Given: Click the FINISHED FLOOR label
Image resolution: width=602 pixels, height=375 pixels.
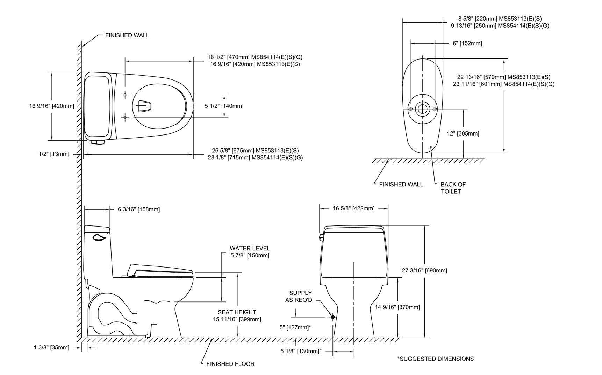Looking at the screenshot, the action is point(230,364).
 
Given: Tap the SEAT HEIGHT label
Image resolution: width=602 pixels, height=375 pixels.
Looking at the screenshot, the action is point(237,312).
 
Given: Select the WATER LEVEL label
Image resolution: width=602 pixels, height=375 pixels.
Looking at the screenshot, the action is point(250,249).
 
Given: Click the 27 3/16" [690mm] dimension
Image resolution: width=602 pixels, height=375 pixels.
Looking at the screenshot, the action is point(424,270).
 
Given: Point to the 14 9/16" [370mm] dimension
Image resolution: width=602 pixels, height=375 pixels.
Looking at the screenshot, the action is point(397,307).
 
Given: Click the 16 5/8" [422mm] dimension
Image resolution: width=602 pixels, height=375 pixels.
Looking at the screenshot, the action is point(353,208).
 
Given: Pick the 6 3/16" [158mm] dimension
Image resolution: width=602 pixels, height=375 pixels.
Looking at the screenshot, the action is point(139,209).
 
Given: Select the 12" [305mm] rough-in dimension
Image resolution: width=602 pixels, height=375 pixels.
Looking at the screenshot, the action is point(463,133).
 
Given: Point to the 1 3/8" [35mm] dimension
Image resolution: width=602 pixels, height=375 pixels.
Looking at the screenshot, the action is point(52,348).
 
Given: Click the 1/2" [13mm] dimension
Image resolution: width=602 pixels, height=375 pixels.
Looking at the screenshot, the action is point(54,154).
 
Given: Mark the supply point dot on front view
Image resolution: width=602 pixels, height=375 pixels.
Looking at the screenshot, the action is point(332,317).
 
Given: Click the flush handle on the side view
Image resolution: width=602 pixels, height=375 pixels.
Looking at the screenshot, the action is point(99,238).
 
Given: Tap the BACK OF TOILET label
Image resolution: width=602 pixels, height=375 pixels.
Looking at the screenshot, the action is point(453,188).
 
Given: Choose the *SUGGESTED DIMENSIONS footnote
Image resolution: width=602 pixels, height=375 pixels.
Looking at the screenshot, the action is point(436,359).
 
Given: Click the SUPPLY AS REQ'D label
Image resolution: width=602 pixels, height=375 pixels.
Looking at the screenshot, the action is point(299,297).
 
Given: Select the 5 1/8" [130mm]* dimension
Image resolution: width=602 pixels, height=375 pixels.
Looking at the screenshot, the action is point(301,351).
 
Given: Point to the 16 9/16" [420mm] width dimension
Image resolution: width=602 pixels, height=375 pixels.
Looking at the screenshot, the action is point(52,106).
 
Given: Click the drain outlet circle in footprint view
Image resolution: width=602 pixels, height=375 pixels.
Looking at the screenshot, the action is point(422,109).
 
